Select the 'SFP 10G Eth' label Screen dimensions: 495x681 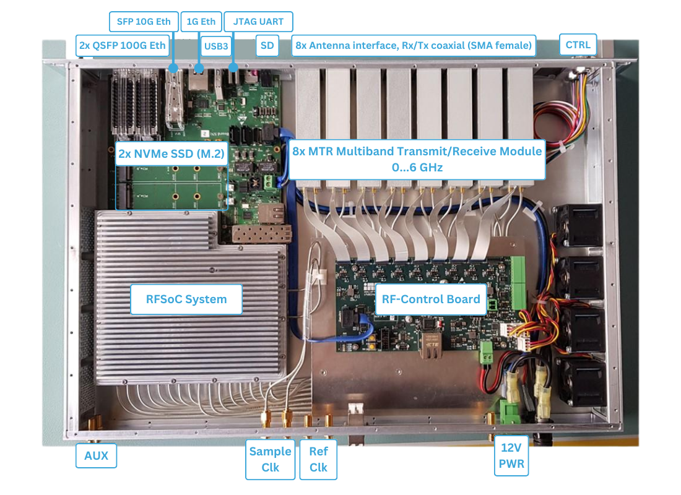[x=144, y=22]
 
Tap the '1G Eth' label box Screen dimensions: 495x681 [x=201, y=22]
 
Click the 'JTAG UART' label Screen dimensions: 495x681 [x=258, y=22]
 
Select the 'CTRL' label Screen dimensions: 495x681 [x=578, y=45]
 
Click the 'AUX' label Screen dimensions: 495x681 [x=96, y=456]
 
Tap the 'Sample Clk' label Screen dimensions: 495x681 [x=270, y=459]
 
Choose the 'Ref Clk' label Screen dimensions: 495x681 [x=318, y=459]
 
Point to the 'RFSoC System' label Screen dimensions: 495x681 [x=186, y=299]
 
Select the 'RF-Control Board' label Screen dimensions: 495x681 [x=431, y=299]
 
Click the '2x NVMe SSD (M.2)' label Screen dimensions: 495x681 [x=171, y=154]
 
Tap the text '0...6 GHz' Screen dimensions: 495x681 [x=417, y=167]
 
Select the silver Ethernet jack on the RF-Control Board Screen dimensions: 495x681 [x=430, y=343]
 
